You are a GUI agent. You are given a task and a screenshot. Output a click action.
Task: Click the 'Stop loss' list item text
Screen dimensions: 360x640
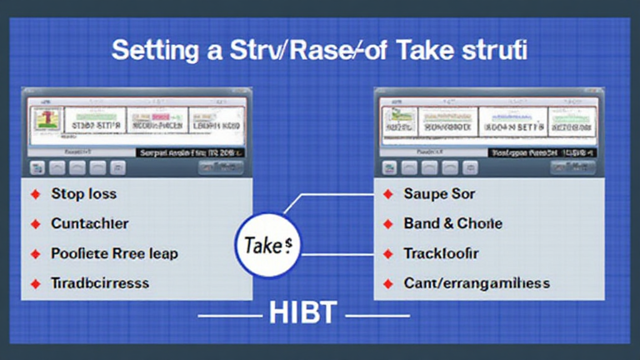pos(84,194)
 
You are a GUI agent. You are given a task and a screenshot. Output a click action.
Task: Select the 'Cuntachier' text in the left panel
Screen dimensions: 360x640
pos(89,223)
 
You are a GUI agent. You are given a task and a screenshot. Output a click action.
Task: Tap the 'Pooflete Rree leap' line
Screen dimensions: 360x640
pos(114,253)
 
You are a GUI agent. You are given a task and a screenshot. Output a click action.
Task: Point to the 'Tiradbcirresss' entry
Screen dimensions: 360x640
pos(99,283)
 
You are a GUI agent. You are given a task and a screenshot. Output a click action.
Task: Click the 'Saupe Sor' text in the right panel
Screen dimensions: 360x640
pos(439,194)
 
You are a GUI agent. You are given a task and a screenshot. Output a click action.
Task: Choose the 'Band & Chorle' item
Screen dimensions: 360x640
pos(453,223)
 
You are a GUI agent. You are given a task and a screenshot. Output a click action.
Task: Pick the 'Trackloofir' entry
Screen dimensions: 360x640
pos(441,253)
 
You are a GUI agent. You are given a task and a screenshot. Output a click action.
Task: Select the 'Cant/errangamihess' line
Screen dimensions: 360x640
pos(477,283)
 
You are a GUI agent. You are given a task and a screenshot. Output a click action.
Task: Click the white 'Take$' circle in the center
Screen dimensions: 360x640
pos(268,246)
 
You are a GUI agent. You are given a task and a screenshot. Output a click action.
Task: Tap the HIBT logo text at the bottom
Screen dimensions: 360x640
pos(303,313)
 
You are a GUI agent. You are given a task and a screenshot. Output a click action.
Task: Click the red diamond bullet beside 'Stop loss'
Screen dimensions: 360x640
pos(36,194)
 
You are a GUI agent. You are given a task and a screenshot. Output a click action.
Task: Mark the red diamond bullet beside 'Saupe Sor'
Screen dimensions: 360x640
pos(388,194)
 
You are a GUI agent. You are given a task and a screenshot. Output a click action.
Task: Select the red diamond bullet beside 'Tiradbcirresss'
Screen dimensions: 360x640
pos(36,284)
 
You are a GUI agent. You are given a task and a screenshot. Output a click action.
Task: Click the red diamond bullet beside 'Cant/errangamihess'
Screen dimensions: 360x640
pos(388,284)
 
